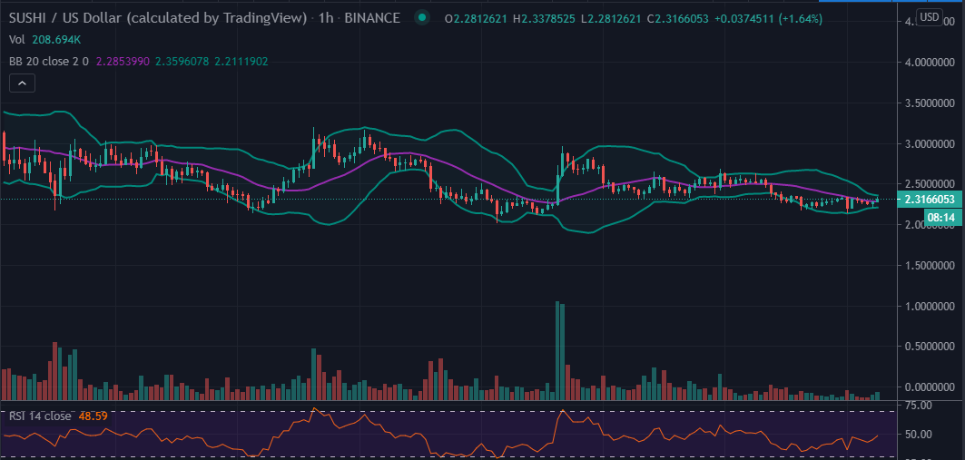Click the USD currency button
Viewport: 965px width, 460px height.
(929, 17)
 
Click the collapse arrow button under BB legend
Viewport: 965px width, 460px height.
(23, 83)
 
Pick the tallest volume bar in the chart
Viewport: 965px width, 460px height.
(557, 349)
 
